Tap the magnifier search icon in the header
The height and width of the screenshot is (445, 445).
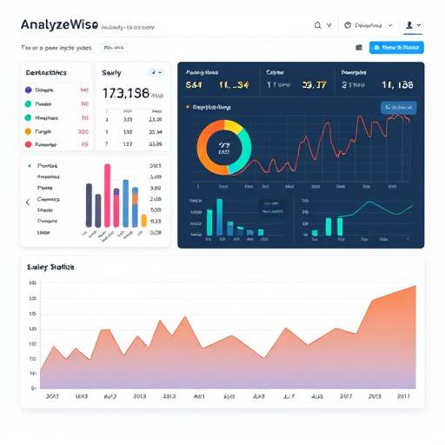318,25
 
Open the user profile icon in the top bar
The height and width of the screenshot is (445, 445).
408,25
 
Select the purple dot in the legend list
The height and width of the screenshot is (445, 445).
29,90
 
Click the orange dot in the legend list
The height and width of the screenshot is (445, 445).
29,131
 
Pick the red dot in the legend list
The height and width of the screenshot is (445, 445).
29,144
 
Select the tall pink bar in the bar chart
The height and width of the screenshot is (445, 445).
107,195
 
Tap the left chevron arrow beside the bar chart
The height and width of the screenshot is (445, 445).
27,202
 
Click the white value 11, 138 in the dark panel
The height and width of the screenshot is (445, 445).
396,85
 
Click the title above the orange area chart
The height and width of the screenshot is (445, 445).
51,268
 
